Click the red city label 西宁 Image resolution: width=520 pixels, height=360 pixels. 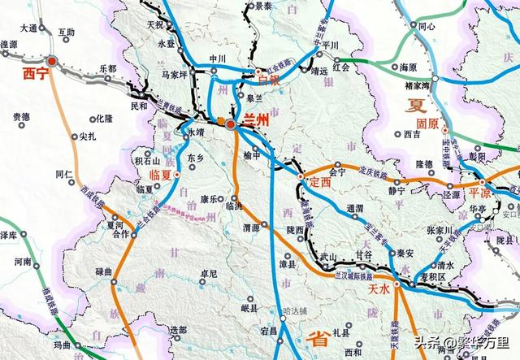(x=35, y=75)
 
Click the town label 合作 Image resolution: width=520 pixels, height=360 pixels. (x=121, y=234)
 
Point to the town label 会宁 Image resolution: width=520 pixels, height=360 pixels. (x=343, y=172)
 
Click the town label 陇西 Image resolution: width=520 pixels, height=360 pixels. (x=294, y=231)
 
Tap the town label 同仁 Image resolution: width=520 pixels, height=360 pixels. (x=65, y=174)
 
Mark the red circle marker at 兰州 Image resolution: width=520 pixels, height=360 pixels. (x=231, y=124)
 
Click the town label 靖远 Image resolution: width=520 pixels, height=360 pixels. (x=301, y=71)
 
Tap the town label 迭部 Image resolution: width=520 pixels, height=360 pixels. (x=179, y=329)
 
